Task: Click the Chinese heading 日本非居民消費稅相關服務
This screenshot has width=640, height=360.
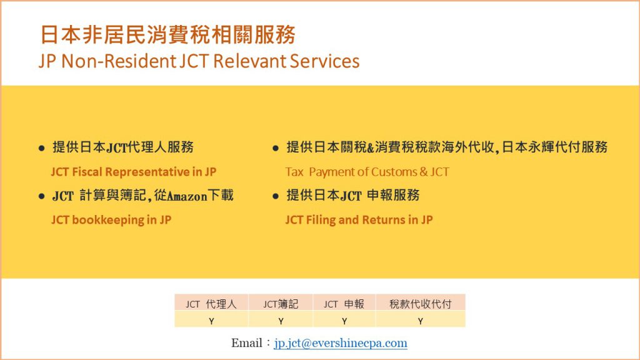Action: [167, 34]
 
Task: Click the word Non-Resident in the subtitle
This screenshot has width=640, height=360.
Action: [119, 61]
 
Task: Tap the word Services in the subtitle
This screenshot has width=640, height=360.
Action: [325, 61]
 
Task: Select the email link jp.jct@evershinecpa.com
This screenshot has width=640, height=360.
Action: [341, 343]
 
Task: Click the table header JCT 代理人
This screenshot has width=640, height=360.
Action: [211, 304]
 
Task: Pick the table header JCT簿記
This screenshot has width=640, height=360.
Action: [281, 304]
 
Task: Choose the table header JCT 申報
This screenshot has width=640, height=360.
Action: [344, 304]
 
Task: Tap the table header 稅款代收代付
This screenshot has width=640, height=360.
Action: [421, 304]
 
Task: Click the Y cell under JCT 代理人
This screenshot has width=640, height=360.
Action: [211, 321]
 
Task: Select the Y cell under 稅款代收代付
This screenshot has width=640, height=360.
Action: [421, 321]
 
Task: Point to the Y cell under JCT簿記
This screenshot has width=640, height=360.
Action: [281, 321]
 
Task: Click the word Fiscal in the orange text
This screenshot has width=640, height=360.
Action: [87, 172]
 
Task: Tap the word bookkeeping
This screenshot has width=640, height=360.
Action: [107, 220]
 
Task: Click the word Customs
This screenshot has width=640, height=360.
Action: [394, 172]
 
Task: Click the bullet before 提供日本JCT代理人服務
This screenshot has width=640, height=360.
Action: [41, 148]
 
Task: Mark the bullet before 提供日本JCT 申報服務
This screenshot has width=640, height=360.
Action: [276, 196]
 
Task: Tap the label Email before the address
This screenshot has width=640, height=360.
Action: [247, 343]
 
